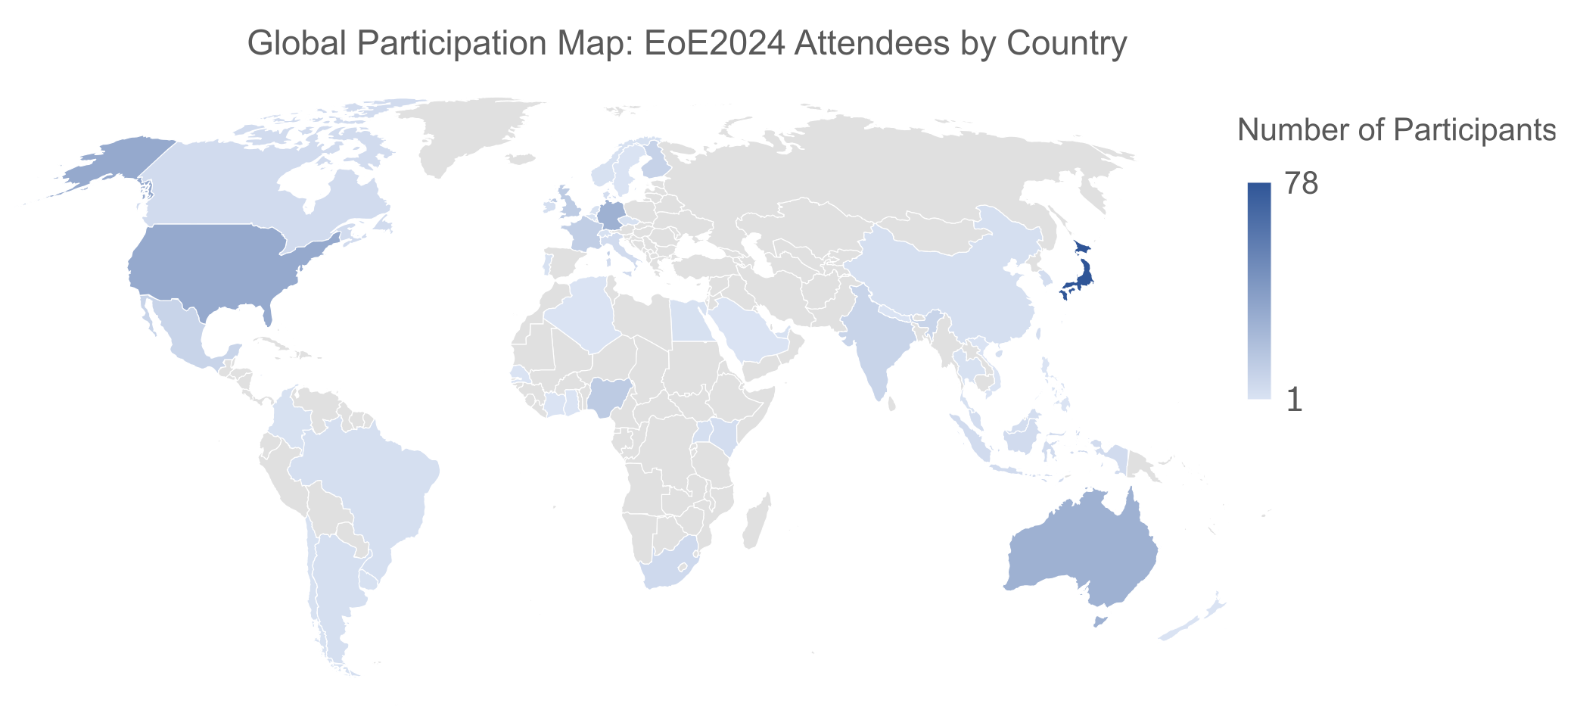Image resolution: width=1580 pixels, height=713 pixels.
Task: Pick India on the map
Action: point(878,341)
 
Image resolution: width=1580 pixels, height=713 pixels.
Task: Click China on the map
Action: point(953,288)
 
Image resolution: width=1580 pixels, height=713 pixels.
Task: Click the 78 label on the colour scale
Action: point(1302,184)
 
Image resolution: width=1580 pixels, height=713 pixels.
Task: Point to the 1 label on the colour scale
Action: point(1295,400)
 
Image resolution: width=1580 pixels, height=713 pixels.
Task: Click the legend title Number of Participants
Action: point(1396,130)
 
